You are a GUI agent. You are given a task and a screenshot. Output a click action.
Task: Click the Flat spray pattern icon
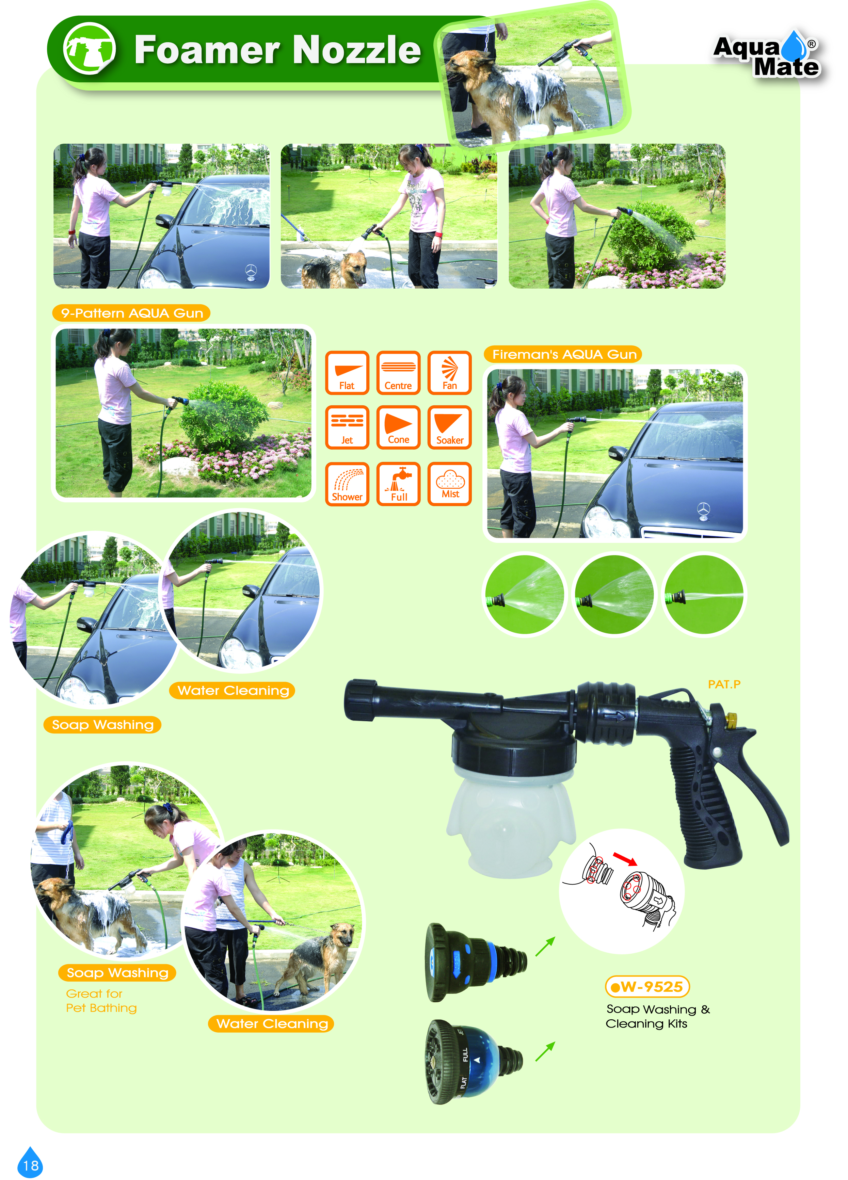[x=347, y=373]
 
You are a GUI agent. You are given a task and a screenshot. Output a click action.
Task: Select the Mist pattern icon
[x=449, y=484]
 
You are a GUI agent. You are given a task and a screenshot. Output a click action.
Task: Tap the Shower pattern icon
[x=347, y=484]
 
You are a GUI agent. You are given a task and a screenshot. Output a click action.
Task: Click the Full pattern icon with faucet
[x=399, y=484]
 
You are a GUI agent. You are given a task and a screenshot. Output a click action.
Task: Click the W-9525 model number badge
[x=647, y=986]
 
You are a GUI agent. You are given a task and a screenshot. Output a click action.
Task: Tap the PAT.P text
[x=724, y=684]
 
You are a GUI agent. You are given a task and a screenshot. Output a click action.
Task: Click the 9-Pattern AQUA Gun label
[x=132, y=313]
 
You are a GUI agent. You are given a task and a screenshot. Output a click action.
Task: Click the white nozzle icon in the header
[x=90, y=49]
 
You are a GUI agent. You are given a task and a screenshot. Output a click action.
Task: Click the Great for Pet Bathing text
[x=101, y=1001]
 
